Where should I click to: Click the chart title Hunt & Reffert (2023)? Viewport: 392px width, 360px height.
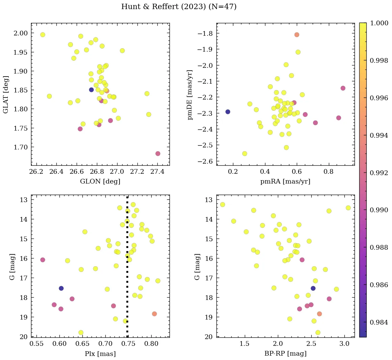(x=179, y=7)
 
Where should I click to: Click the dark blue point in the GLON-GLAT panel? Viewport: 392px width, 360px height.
(x=91, y=90)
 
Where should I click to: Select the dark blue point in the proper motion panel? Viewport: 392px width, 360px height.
(x=228, y=112)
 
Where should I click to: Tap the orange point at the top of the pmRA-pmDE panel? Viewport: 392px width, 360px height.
(x=297, y=35)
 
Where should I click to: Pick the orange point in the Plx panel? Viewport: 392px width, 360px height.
(x=154, y=314)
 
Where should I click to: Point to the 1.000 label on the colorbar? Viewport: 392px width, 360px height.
(x=379, y=23)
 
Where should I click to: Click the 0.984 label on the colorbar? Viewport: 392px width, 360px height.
(x=379, y=322)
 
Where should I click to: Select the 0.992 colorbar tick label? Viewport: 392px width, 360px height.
(x=379, y=173)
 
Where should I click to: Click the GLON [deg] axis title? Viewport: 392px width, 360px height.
(x=100, y=182)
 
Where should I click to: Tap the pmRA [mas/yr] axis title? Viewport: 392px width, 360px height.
(x=285, y=182)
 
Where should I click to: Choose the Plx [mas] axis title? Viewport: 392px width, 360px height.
(x=100, y=354)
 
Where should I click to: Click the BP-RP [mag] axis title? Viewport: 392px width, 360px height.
(x=285, y=354)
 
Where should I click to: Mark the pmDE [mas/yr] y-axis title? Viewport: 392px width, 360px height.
(x=190, y=95)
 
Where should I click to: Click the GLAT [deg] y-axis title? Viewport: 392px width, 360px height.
(x=6, y=95)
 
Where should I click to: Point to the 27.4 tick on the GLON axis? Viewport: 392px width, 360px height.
(x=157, y=172)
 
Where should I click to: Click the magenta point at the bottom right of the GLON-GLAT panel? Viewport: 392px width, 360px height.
(x=158, y=154)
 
